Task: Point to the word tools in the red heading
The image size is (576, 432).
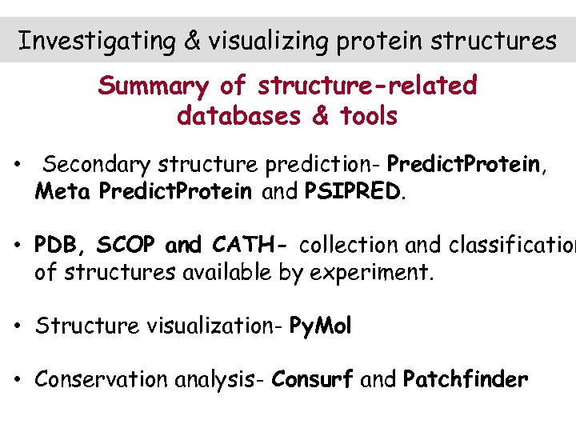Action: point(367,117)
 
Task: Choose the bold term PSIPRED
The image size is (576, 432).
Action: point(353,193)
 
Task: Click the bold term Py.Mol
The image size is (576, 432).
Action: point(320,326)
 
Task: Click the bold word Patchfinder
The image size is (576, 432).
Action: point(466,379)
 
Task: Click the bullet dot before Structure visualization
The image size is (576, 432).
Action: point(16,326)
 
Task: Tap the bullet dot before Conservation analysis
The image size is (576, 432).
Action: point(16,379)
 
